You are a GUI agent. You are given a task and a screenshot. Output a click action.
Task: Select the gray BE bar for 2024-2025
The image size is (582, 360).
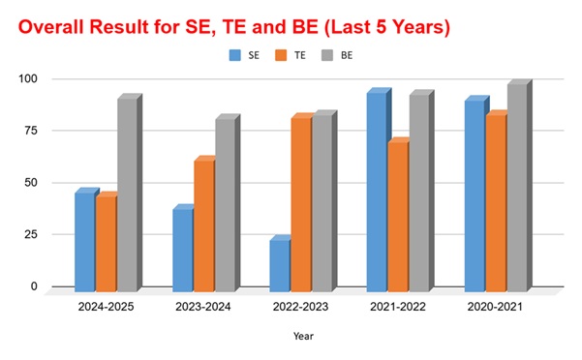tap(130, 193)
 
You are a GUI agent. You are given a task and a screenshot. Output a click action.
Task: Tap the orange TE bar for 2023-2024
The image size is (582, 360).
tap(204, 224)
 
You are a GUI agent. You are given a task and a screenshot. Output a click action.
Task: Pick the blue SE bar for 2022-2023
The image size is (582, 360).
tap(280, 263)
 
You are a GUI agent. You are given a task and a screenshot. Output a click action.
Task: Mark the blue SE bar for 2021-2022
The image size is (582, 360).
tap(379, 190)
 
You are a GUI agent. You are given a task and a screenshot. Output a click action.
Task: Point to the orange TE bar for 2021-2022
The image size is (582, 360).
tap(398, 214)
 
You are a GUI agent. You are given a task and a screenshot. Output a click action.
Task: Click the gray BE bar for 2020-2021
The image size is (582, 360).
tap(520, 186)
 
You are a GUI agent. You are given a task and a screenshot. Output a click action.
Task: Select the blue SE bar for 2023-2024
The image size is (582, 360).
tap(183, 248)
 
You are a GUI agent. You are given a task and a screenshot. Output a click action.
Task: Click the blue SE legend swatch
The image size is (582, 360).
tap(235, 55)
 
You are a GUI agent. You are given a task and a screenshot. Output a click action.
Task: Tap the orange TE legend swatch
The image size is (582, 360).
tap(281, 55)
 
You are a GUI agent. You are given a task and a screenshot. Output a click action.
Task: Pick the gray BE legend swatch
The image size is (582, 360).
tap(327, 55)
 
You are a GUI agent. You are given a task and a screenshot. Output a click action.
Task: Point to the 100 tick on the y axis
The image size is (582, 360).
tap(28, 78)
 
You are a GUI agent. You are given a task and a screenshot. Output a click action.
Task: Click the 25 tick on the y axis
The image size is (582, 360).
tap(31, 234)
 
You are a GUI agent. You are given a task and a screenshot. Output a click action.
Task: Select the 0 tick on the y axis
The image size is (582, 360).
tap(34, 286)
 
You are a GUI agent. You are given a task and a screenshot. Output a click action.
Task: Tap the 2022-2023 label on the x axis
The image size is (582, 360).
tap(300, 307)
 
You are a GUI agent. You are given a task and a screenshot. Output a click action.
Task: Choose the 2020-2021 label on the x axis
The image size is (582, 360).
tap(495, 307)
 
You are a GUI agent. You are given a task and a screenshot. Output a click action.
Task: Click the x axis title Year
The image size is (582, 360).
tap(304, 336)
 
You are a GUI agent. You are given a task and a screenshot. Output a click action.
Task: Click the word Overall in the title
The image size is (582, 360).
tap(51, 27)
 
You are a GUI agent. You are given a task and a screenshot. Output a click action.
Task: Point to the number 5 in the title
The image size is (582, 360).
tap(382, 27)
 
